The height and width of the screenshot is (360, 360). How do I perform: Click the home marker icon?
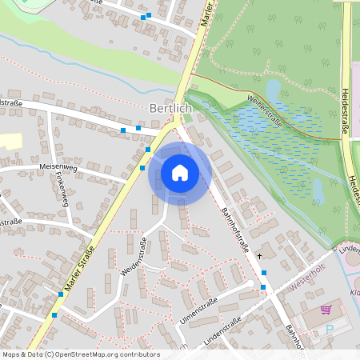pos(180,173)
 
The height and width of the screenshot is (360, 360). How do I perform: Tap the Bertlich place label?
pos(170,107)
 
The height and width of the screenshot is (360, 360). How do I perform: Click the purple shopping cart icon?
pos(326,310)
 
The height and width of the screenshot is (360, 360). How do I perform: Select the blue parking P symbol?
pos(329,329)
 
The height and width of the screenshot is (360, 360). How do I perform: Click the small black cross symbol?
pos(259,256)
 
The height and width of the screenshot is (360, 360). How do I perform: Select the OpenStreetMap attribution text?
pos(80,354)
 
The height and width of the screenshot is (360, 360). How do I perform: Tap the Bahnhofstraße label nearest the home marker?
pos(234,227)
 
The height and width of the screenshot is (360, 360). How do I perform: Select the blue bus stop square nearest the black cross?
pos(263,273)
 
